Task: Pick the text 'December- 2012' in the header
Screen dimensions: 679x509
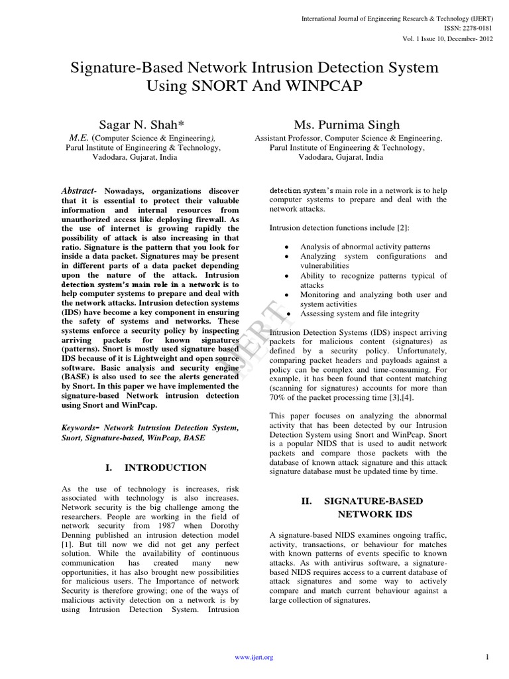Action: coord(463,38)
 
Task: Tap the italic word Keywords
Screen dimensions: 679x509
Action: coord(80,428)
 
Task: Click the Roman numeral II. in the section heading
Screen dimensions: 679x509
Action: coord(306,501)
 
